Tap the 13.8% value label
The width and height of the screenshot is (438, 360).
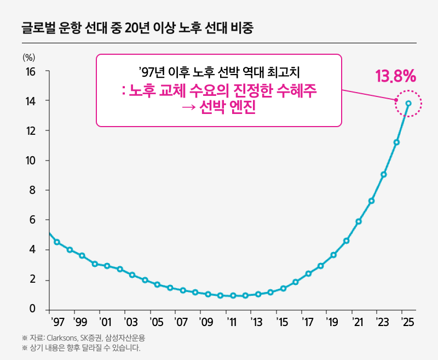[396, 76]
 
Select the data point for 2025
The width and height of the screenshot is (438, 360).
[408, 103]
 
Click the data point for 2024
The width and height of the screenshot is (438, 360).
[396, 142]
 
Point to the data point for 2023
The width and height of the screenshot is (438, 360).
[384, 175]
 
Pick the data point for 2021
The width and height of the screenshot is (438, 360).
[359, 221]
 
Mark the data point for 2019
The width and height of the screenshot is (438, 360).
[333, 255]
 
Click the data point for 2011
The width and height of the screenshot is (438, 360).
[233, 296]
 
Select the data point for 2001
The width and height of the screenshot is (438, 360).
[107, 266]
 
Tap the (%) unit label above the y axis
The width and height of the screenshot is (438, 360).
[28, 56]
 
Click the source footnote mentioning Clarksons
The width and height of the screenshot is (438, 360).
[83, 338]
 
